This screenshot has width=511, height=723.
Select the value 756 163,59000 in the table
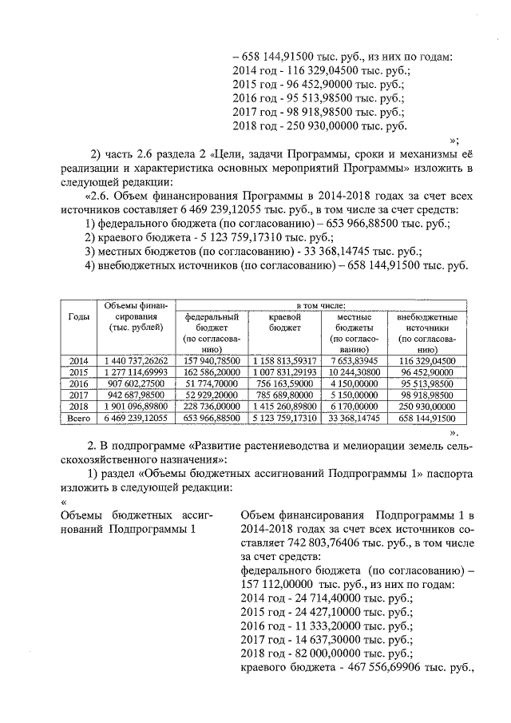click(284, 383)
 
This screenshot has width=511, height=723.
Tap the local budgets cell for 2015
click(351, 371)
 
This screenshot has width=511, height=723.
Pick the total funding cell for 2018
click(134, 405)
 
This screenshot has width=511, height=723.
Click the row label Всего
click(78, 417)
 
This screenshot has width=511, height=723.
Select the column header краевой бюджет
click(284, 322)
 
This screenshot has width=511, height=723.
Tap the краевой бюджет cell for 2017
click(284, 394)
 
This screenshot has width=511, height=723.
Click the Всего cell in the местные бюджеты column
click(351, 417)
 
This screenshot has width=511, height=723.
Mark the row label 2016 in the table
click(78, 383)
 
